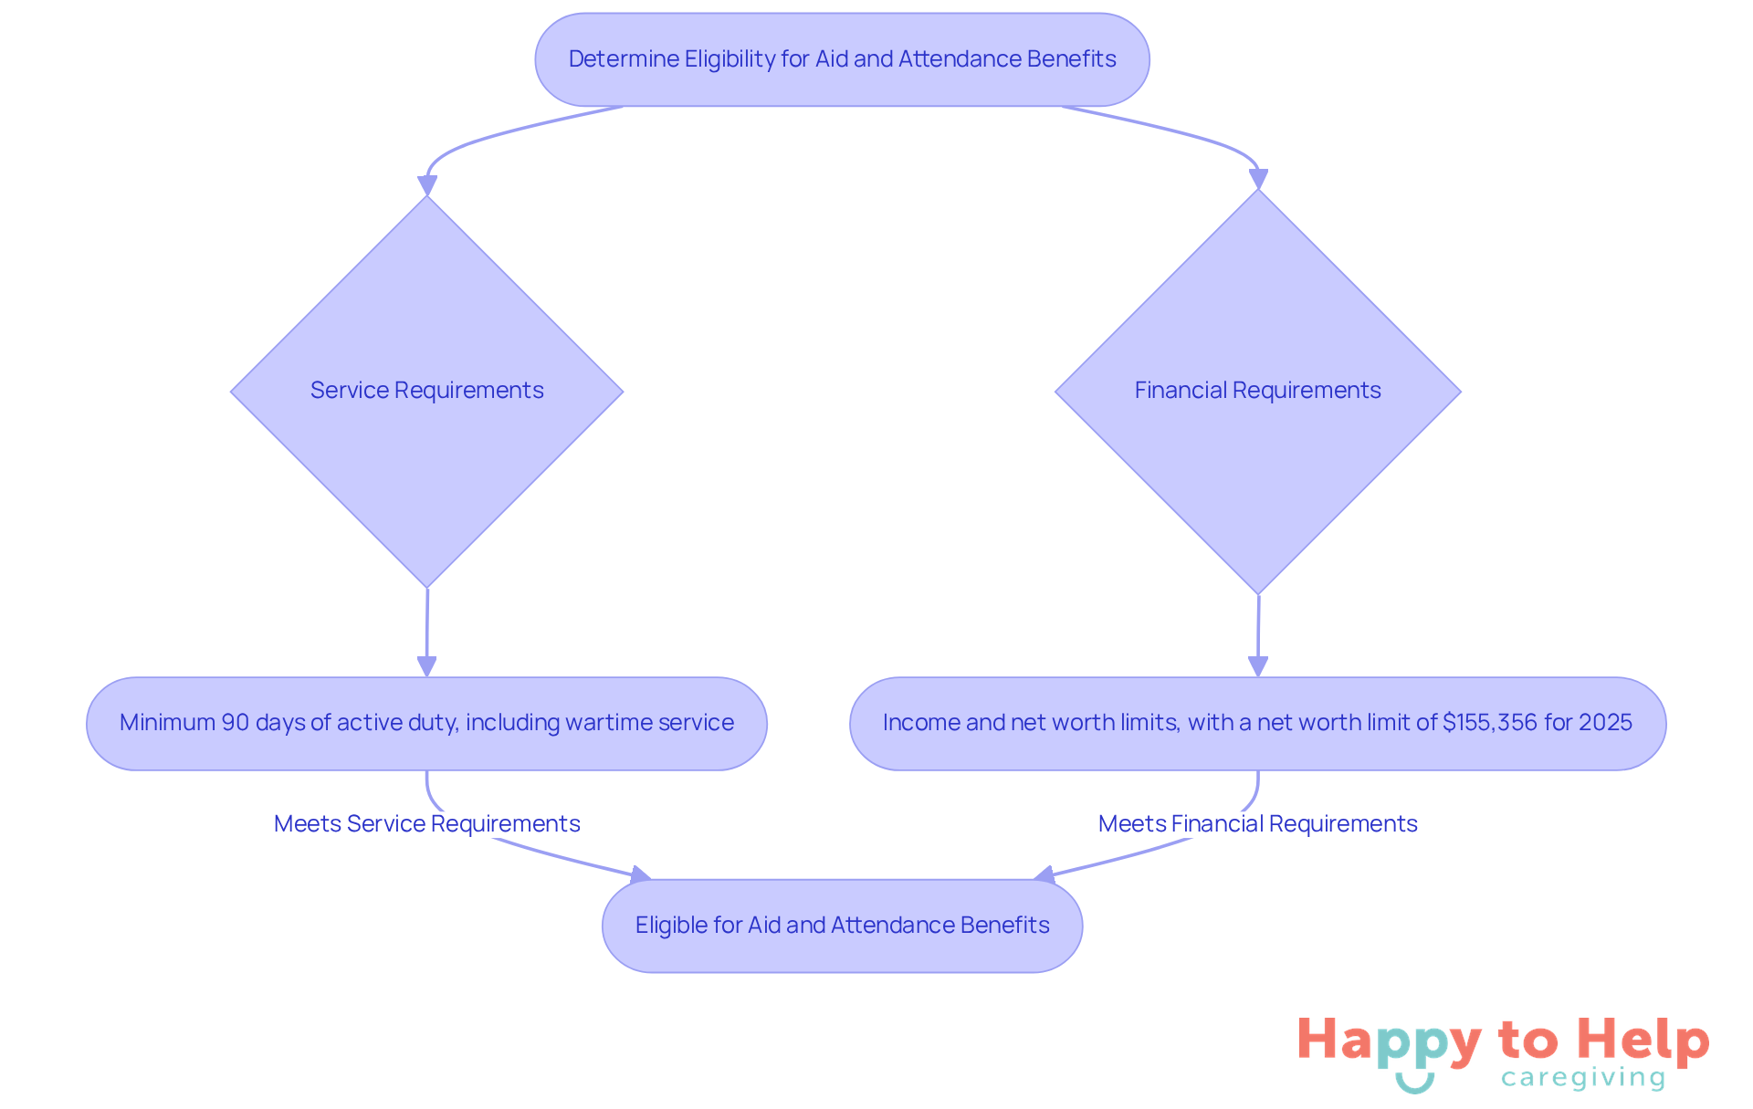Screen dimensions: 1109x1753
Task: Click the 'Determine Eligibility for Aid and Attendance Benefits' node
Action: tap(842, 59)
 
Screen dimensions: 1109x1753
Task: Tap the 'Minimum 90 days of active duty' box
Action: tap(426, 723)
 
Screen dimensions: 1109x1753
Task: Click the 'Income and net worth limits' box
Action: tap(1257, 723)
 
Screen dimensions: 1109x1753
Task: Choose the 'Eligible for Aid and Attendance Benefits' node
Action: tap(842, 926)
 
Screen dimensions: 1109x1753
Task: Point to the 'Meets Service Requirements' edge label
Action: tap(426, 823)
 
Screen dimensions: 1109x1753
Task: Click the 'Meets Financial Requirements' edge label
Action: tap(1257, 823)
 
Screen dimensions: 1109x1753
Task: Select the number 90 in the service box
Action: tap(236, 723)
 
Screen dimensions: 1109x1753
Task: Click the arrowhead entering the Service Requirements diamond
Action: tap(426, 185)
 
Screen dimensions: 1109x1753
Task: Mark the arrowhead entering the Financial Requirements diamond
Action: tap(1258, 179)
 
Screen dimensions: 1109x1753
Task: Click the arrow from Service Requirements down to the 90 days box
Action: tap(426, 630)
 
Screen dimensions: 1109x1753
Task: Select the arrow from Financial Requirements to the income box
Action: tap(1258, 633)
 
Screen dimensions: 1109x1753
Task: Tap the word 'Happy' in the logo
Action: tap(1389, 1041)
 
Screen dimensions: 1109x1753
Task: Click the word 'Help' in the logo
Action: tap(1643, 1040)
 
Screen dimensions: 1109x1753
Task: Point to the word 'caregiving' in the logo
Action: tap(1583, 1079)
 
